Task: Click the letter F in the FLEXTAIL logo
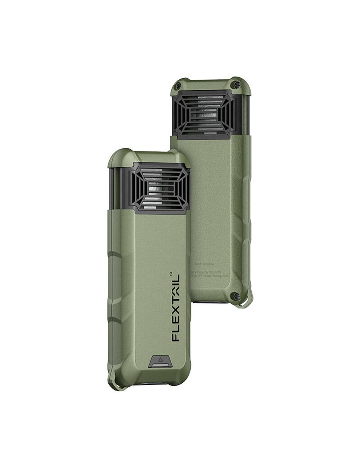[176, 336]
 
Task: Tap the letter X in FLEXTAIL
[176, 316]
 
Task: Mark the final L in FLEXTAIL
[176, 282]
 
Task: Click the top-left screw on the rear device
[178, 86]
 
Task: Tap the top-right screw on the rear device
[237, 85]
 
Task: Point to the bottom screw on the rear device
[236, 296]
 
